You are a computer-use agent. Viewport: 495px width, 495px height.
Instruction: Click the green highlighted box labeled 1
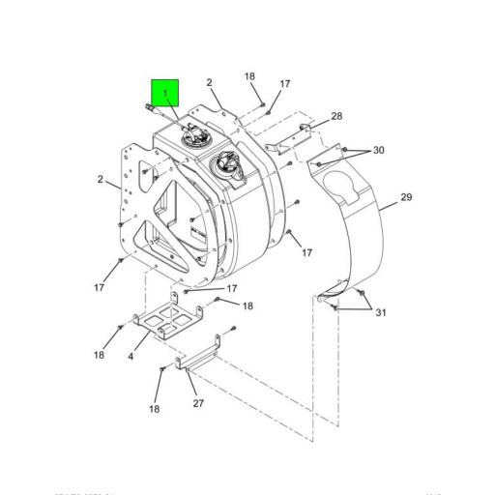(165, 94)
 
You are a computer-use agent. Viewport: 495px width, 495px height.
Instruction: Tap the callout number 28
(335, 117)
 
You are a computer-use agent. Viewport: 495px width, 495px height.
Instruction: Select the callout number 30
(378, 150)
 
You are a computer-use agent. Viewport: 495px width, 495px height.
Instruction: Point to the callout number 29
(406, 197)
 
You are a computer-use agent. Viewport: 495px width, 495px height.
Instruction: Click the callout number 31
(380, 311)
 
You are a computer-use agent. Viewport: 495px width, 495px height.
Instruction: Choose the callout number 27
(198, 403)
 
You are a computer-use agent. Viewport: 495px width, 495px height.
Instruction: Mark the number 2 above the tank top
(209, 83)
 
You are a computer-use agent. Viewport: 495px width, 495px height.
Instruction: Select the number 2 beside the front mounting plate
(101, 179)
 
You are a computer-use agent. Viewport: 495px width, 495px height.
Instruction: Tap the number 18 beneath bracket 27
(154, 410)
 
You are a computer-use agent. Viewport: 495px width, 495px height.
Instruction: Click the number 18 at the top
(249, 76)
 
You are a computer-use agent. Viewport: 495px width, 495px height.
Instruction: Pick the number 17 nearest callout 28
(285, 84)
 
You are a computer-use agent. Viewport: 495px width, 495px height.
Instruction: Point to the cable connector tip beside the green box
(146, 108)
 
